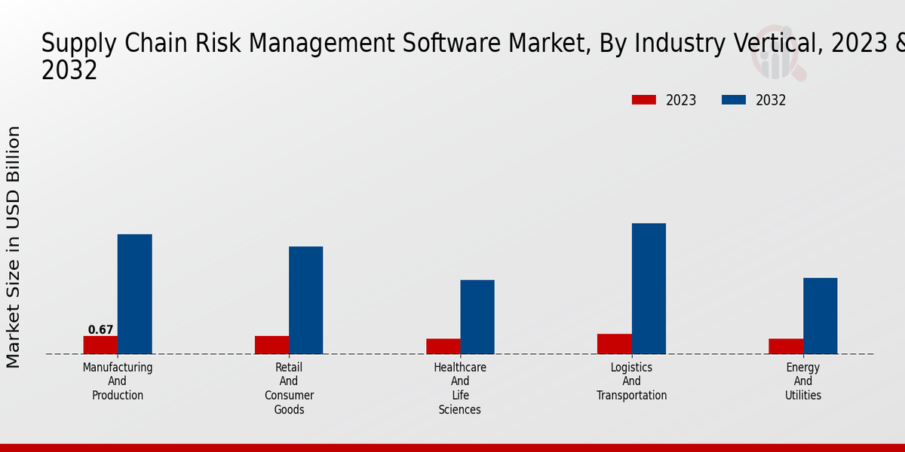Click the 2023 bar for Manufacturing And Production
pyautogui.click(x=100, y=345)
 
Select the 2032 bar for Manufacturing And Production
pyautogui.click(x=134, y=294)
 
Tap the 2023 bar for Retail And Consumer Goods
pyautogui.click(x=271, y=345)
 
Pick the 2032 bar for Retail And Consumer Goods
pyautogui.click(x=305, y=300)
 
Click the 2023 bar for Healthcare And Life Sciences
pyautogui.click(x=443, y=347)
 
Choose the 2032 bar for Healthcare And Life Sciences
pyautogui.click(x=477, y=317)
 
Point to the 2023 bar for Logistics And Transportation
pyautogui.click(x=614, y=344)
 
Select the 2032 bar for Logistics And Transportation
pyautogui.click(x=649, y=289)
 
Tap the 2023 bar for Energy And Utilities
pyautogui.click(x=786, y=347)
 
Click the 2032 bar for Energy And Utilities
pyautogui.click(x=820, y=316)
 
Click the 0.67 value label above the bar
pyautogui.click(x=100, y=330)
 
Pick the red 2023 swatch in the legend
pyautogui.click(x=644, y=100)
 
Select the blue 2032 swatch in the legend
pyautogui.click(x=734, y=100)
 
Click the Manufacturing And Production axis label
pyautogui.click(x=118, y=381)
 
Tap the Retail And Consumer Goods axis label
pyautogui.click(x=289, y=388)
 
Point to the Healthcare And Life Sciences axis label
pyautogui.click(x=460, y=388)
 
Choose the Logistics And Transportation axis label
pyautogui.click(x=632, y=381)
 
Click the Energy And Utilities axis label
pyautogui.click(x=803, y=381)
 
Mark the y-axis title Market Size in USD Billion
pyautogui.click(x=14, y=247)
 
